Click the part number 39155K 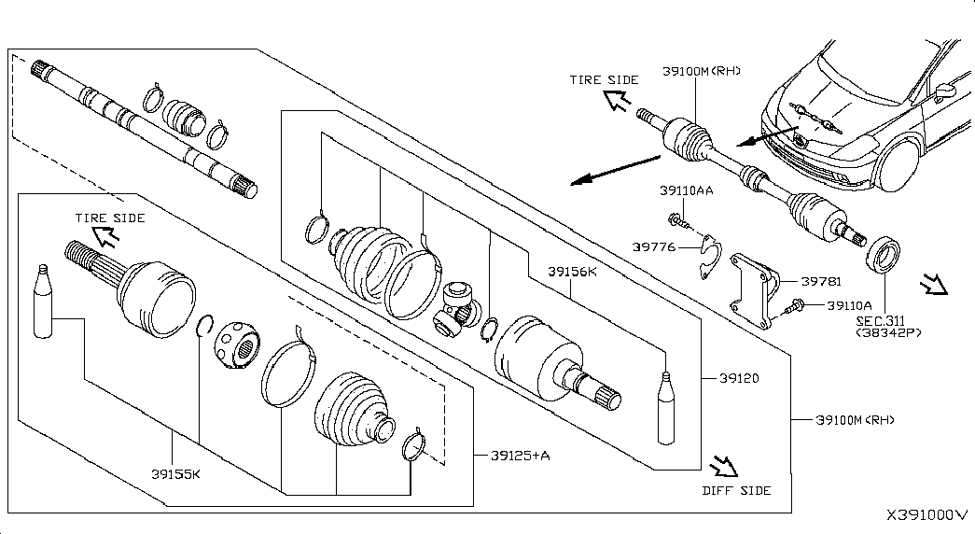(176, 474)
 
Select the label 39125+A (521, 456)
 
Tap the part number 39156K (572, 272)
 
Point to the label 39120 (739, 378)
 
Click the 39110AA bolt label (687, 190)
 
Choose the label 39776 (654, 247)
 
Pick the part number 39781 (821, 281)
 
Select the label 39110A (849, 305)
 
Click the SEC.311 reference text (881, 321)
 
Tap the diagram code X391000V (927, 514)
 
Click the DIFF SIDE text (737, 490)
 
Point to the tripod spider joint (457, 308)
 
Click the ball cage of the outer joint (237, 344)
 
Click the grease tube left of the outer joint (43, 302)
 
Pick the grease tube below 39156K (666, 408)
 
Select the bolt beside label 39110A (793, 306)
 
